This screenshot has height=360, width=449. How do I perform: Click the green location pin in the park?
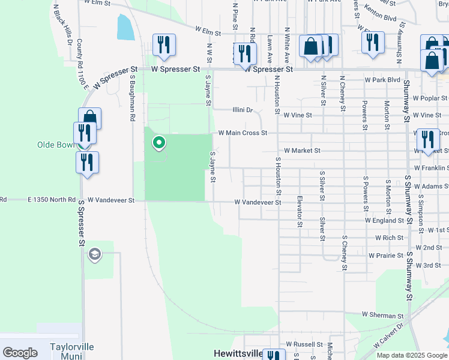click(159, 143)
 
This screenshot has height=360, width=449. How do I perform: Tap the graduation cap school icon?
click(94, 256)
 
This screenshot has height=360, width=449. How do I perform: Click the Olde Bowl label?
click(56, 145)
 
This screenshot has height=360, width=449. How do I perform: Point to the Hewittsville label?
click(238, 353)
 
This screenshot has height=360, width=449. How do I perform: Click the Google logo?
click(20, 353)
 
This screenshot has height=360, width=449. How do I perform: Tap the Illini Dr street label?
click(243, 110)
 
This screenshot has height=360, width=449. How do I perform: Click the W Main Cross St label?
click(242, 133)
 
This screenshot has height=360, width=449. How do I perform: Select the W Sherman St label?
click(382, 315)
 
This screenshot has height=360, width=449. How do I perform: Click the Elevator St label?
click(299, 211)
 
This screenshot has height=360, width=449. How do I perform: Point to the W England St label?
click(385, 220)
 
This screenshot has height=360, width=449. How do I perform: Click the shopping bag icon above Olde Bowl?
click(89, 117)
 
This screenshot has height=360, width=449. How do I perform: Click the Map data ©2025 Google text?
click(411, 355)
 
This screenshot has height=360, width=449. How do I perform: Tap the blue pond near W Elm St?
click(125, 27)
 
